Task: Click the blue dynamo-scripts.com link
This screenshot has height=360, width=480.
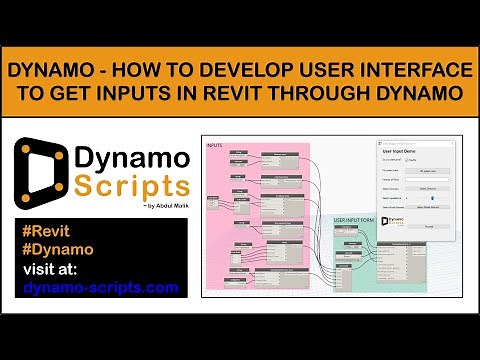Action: tap(100, 288)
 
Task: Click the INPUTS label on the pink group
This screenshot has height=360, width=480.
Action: tap(214, 146)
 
